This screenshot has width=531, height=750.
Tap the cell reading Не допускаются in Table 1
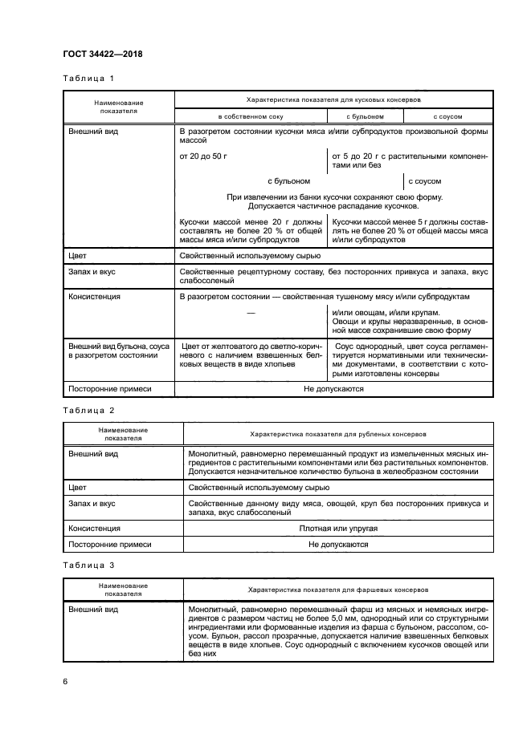(333, 388)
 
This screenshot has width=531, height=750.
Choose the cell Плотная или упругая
(337, 529)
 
